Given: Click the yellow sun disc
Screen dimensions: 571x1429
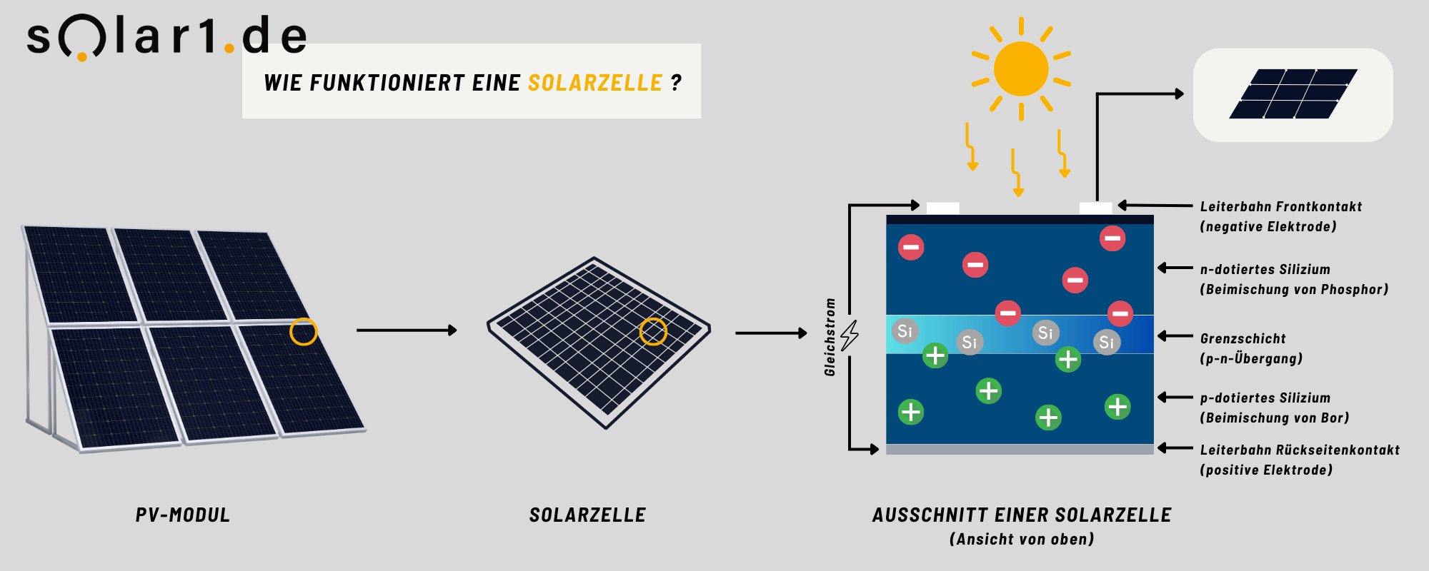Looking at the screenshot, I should click(x=1020, y=69).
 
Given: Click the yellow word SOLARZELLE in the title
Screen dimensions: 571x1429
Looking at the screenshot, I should click(x=595, y=83).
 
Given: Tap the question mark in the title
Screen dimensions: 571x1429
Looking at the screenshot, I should click(x=676, y=83).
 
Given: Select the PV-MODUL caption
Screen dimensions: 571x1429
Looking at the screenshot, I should click(x=183, y=515).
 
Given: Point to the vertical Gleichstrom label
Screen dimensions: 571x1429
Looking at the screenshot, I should click(x=830, y=337).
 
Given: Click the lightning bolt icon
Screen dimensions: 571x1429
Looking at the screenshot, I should click(x=850, y=335).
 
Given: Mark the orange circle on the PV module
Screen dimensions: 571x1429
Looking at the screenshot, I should click(x=304, y=332).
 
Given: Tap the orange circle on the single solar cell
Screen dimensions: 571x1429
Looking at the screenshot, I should click(x=652, y=331).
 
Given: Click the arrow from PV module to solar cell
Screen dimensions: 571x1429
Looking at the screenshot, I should click(x=406, y=330).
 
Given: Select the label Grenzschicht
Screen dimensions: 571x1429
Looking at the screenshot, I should click(x=1243, y=338).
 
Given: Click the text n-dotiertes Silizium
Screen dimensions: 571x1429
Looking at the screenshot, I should click(x=1265, y=269).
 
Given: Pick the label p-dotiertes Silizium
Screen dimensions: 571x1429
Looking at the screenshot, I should click(x=1265, y=398).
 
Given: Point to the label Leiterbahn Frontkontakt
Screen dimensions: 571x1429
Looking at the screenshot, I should click(x=1280, y=206).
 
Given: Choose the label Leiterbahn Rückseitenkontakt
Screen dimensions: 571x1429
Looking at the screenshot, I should click(x=1300, y=450).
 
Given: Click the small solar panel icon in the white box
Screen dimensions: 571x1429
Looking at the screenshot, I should click(x=1293, y=94).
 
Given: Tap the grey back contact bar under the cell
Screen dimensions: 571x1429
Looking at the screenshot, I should click(x=1020, y=449).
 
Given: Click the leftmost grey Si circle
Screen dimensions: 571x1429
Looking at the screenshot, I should click(x=905, y=331).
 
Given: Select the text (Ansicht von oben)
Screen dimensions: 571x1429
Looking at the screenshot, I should click(x=1022, y=540).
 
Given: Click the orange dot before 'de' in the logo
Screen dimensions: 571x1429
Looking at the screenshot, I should click(x=229, y=49).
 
